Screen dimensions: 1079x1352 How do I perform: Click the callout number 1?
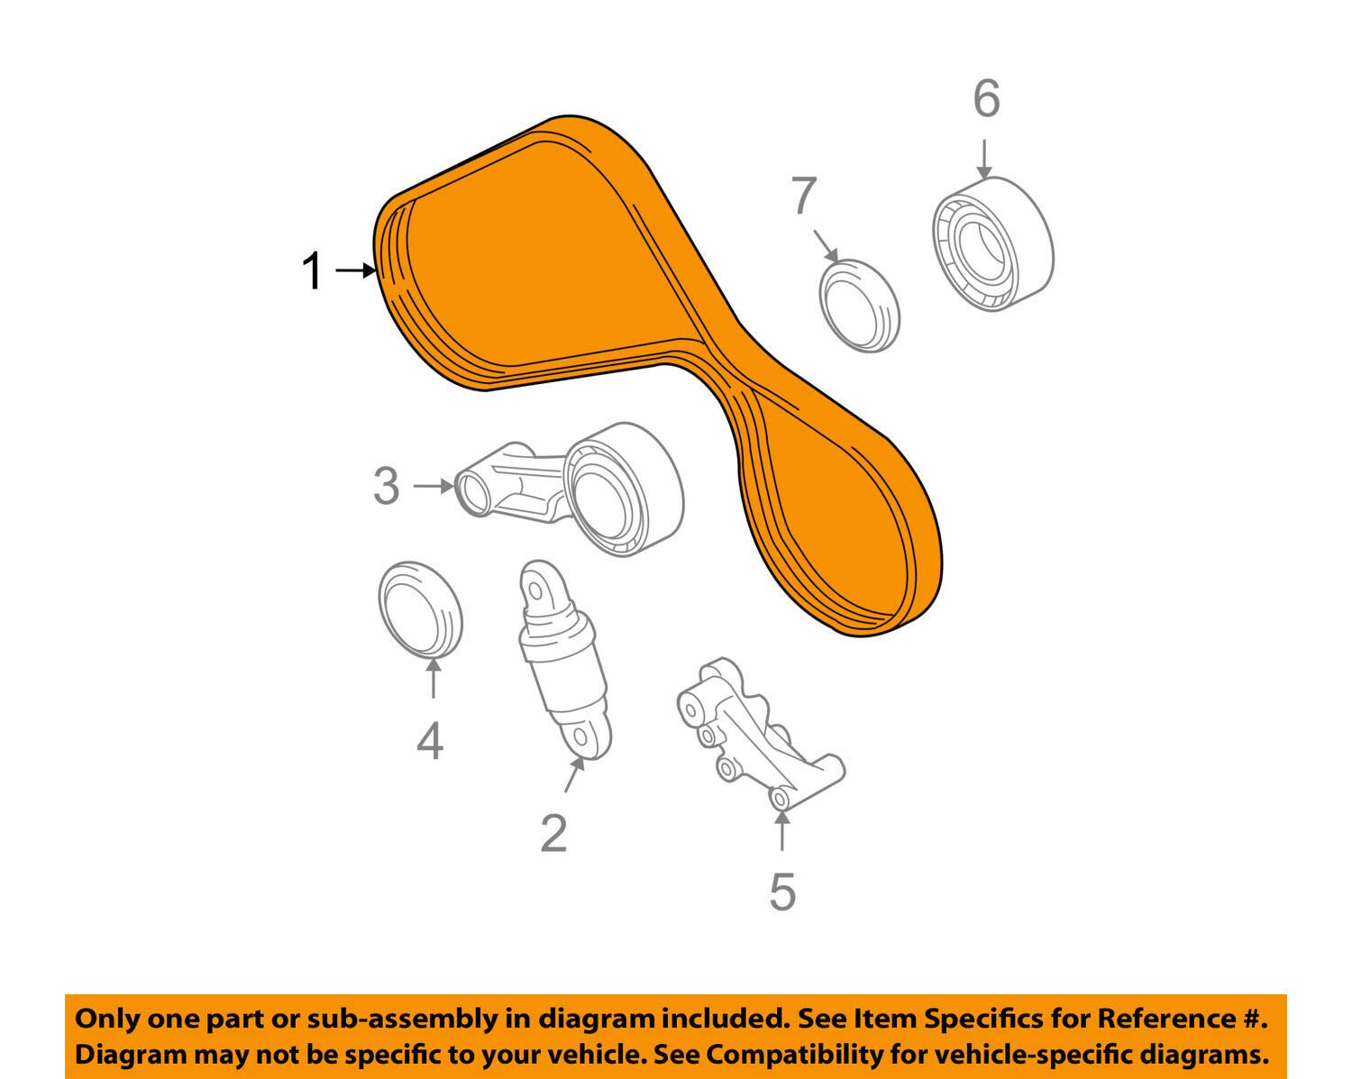pyautogui.click(x=312, y=270)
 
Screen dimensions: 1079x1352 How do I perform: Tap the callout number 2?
pyautogui.click(x=553, y=833)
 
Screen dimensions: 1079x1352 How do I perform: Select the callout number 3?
pyautogui.click(x=387, y=487)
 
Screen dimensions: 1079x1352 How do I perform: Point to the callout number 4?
pyautogui.click(x=430, y=741)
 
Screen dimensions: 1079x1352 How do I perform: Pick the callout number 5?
pyautogui.click(x=782, y=891)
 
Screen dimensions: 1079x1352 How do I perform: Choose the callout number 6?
pyautogui.click(x=986, y=98)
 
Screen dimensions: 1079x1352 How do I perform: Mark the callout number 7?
pyautogui.click(x=803, y=196)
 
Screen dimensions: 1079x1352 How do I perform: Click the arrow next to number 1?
pyautogui.click(x=355, y=270)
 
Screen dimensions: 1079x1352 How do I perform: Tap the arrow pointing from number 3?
pyautogui.click(x=434, y=486)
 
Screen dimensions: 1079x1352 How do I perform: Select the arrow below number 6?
pyautogui.click(x=984, y=160)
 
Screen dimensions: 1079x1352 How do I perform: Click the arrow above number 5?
pyautogui.click(x=781, y=830)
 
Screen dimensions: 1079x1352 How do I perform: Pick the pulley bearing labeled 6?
pyautogui.click(x=992, y=244)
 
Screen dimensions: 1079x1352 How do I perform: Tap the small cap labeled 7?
pyautogui.click(x=860, y=306)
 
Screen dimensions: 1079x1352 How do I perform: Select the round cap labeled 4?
pyautogui.click(x=419, y=610)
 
